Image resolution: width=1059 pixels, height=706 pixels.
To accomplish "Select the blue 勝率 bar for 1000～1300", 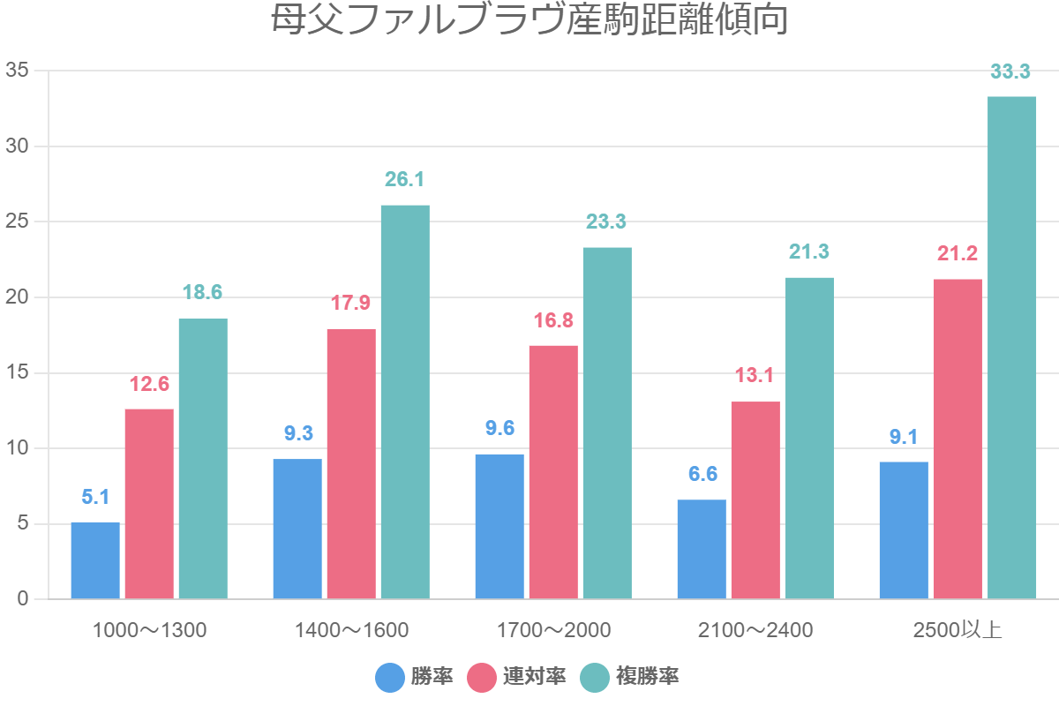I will click(x=95, y=560).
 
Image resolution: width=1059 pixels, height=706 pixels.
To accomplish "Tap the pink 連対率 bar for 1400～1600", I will click(x=351, y=464).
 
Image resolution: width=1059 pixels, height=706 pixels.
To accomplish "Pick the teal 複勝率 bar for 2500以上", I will click(x=1011, y=348).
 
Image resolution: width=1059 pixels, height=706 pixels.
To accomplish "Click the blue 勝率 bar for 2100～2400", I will click(x=702, y=549).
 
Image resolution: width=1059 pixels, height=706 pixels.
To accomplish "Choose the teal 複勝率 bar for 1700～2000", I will click(x=607, y=424).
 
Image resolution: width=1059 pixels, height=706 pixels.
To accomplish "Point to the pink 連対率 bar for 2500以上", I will click(x=958, y=439).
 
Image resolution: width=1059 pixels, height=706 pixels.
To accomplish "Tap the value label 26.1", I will click(x=405, y=180).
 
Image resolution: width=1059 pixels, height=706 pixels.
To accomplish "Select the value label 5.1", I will click(x=95, y=497).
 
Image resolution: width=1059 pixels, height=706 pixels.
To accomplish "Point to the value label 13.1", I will click(x=755, y=376).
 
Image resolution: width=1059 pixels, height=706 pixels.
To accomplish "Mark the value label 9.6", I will click(x=499, y=429).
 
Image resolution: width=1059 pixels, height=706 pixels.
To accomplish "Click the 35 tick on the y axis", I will click(x=18, y=71).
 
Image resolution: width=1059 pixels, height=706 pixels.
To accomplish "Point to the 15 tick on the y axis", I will click(x=18, y=373).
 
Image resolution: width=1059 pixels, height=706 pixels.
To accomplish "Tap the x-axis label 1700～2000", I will click(x=553, y=630).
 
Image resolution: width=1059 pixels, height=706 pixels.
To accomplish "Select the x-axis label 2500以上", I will click(x=958, y=630).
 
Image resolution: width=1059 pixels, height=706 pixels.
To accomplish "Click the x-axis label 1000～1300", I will click(x=149, y=630).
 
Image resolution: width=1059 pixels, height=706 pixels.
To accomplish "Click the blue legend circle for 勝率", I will click(x=389, y=678).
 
